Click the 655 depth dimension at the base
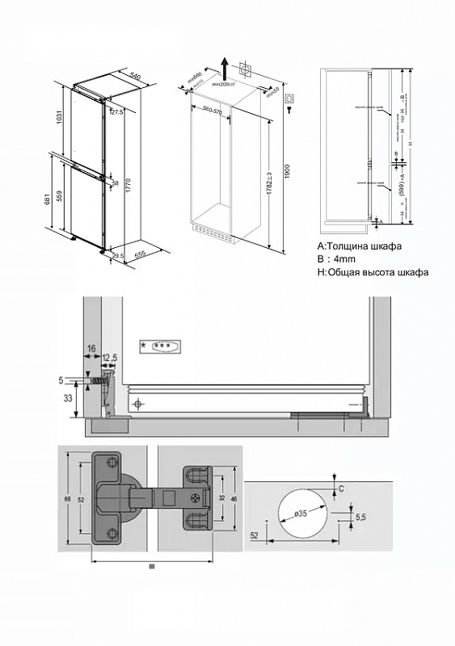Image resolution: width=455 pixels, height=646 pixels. pyautogui.click(x=140, y=254)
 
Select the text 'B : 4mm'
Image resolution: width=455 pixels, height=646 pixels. pyautogui.click(x=336, y=258)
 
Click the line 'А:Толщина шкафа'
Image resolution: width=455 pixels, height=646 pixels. pyautogui.click(x=359, y=245)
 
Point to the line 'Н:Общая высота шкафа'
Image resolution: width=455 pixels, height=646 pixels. pyautogui.click(x=373, y=272)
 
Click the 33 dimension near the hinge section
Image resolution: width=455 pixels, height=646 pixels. pyautogui.click(x=67, y=397)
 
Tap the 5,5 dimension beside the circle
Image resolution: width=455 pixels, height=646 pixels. pyautogui.click(x=360, y=516)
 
